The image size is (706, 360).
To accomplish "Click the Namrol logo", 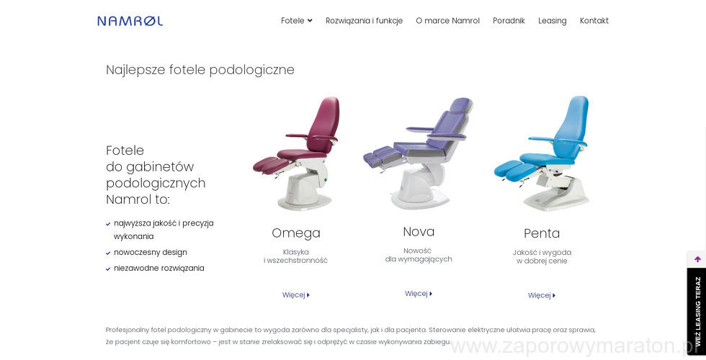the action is pos(130,21).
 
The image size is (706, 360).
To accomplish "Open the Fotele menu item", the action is pos(296,21).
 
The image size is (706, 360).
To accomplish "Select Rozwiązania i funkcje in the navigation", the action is pos(364,21).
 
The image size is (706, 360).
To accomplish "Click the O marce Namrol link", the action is pos(447,21).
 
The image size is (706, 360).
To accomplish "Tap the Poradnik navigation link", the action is pos(509,21).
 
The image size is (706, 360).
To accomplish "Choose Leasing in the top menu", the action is pos(552,21).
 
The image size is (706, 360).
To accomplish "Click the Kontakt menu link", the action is pos(594,21).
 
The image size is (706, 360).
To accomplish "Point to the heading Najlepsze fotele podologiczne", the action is pos(200,70).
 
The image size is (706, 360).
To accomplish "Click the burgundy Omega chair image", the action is pos(297,153).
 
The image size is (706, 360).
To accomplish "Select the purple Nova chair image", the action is pos(419,153).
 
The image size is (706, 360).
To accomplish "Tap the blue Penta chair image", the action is pos(542,154).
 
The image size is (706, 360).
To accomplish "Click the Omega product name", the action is pos(296,233).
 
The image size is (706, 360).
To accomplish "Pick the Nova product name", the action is pos(419,232).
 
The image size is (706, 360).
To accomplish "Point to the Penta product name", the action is pos(542,233).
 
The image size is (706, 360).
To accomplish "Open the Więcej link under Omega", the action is pos(296,295).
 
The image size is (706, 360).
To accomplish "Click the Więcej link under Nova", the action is pos(419,294).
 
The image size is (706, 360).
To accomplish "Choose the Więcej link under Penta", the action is pos(542,296).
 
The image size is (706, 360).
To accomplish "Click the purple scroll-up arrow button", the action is pos(697,259).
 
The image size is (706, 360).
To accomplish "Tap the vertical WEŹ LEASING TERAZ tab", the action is pos(697,311).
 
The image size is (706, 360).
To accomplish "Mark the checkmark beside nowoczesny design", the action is pos(108,253).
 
